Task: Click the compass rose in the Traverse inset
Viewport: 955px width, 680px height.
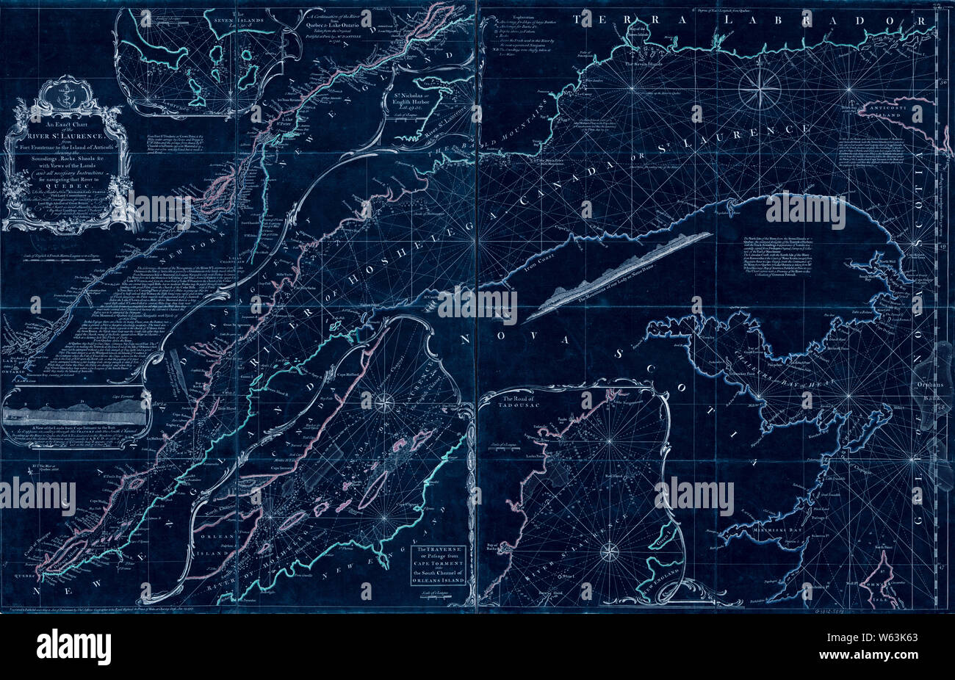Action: tap(383, 402)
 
